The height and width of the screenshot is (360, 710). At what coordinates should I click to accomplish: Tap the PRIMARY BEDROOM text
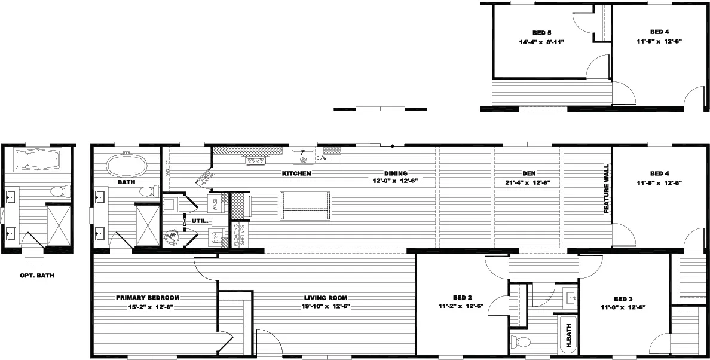(148, 298)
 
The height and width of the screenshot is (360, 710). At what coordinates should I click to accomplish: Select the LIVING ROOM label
(326, 298)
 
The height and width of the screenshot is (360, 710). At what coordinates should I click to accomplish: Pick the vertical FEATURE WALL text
(606, 190)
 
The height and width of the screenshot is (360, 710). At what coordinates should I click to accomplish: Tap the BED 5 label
(541, 32)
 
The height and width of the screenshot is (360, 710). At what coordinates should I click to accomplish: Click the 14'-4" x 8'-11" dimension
(541, 42)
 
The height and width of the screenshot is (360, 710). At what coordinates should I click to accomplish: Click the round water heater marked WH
(172, 237)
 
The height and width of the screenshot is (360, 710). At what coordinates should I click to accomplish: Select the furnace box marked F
(170, 204)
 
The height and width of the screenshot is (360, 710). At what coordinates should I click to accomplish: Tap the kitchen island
(305, 206)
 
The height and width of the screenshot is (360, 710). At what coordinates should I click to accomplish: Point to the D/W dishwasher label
(321, 158)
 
